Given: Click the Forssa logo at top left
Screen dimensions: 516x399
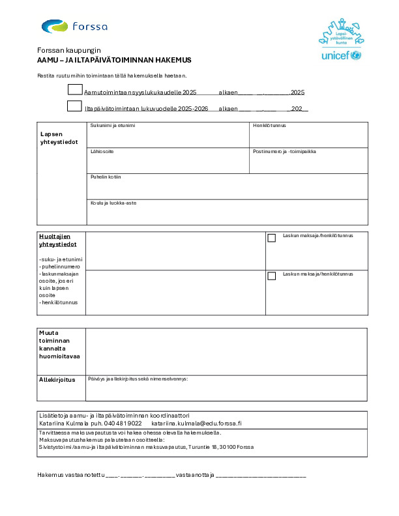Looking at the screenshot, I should (74, 27).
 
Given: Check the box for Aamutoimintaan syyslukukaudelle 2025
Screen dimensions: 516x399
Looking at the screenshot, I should (75, 90).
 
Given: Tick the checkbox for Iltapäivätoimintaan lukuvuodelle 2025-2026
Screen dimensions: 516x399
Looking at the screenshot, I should (75, 106).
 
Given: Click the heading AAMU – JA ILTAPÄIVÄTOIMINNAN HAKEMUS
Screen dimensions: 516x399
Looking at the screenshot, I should (114, 60).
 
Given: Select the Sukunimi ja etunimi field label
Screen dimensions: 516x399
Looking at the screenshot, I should (113, 125).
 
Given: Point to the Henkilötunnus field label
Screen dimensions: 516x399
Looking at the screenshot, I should (269, 125).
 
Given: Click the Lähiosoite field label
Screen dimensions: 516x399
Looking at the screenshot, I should (102, 151).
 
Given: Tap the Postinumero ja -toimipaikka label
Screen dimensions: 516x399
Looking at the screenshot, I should (284, 151).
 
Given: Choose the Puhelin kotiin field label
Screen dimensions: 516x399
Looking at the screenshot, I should (106, 177).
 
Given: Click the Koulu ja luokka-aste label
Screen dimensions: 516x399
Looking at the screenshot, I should (113, 203).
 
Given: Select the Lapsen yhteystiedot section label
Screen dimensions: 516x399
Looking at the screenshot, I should (59, 137).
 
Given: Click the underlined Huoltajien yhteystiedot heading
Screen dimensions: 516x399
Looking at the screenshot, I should (58, 240).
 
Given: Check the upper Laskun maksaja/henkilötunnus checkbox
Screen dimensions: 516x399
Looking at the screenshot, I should (272, 238).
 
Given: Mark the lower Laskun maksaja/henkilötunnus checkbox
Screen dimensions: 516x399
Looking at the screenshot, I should (272, 276).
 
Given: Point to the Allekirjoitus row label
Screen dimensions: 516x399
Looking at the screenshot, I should (57, 379).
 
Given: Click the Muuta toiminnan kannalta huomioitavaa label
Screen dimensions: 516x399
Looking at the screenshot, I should (59, 345).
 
